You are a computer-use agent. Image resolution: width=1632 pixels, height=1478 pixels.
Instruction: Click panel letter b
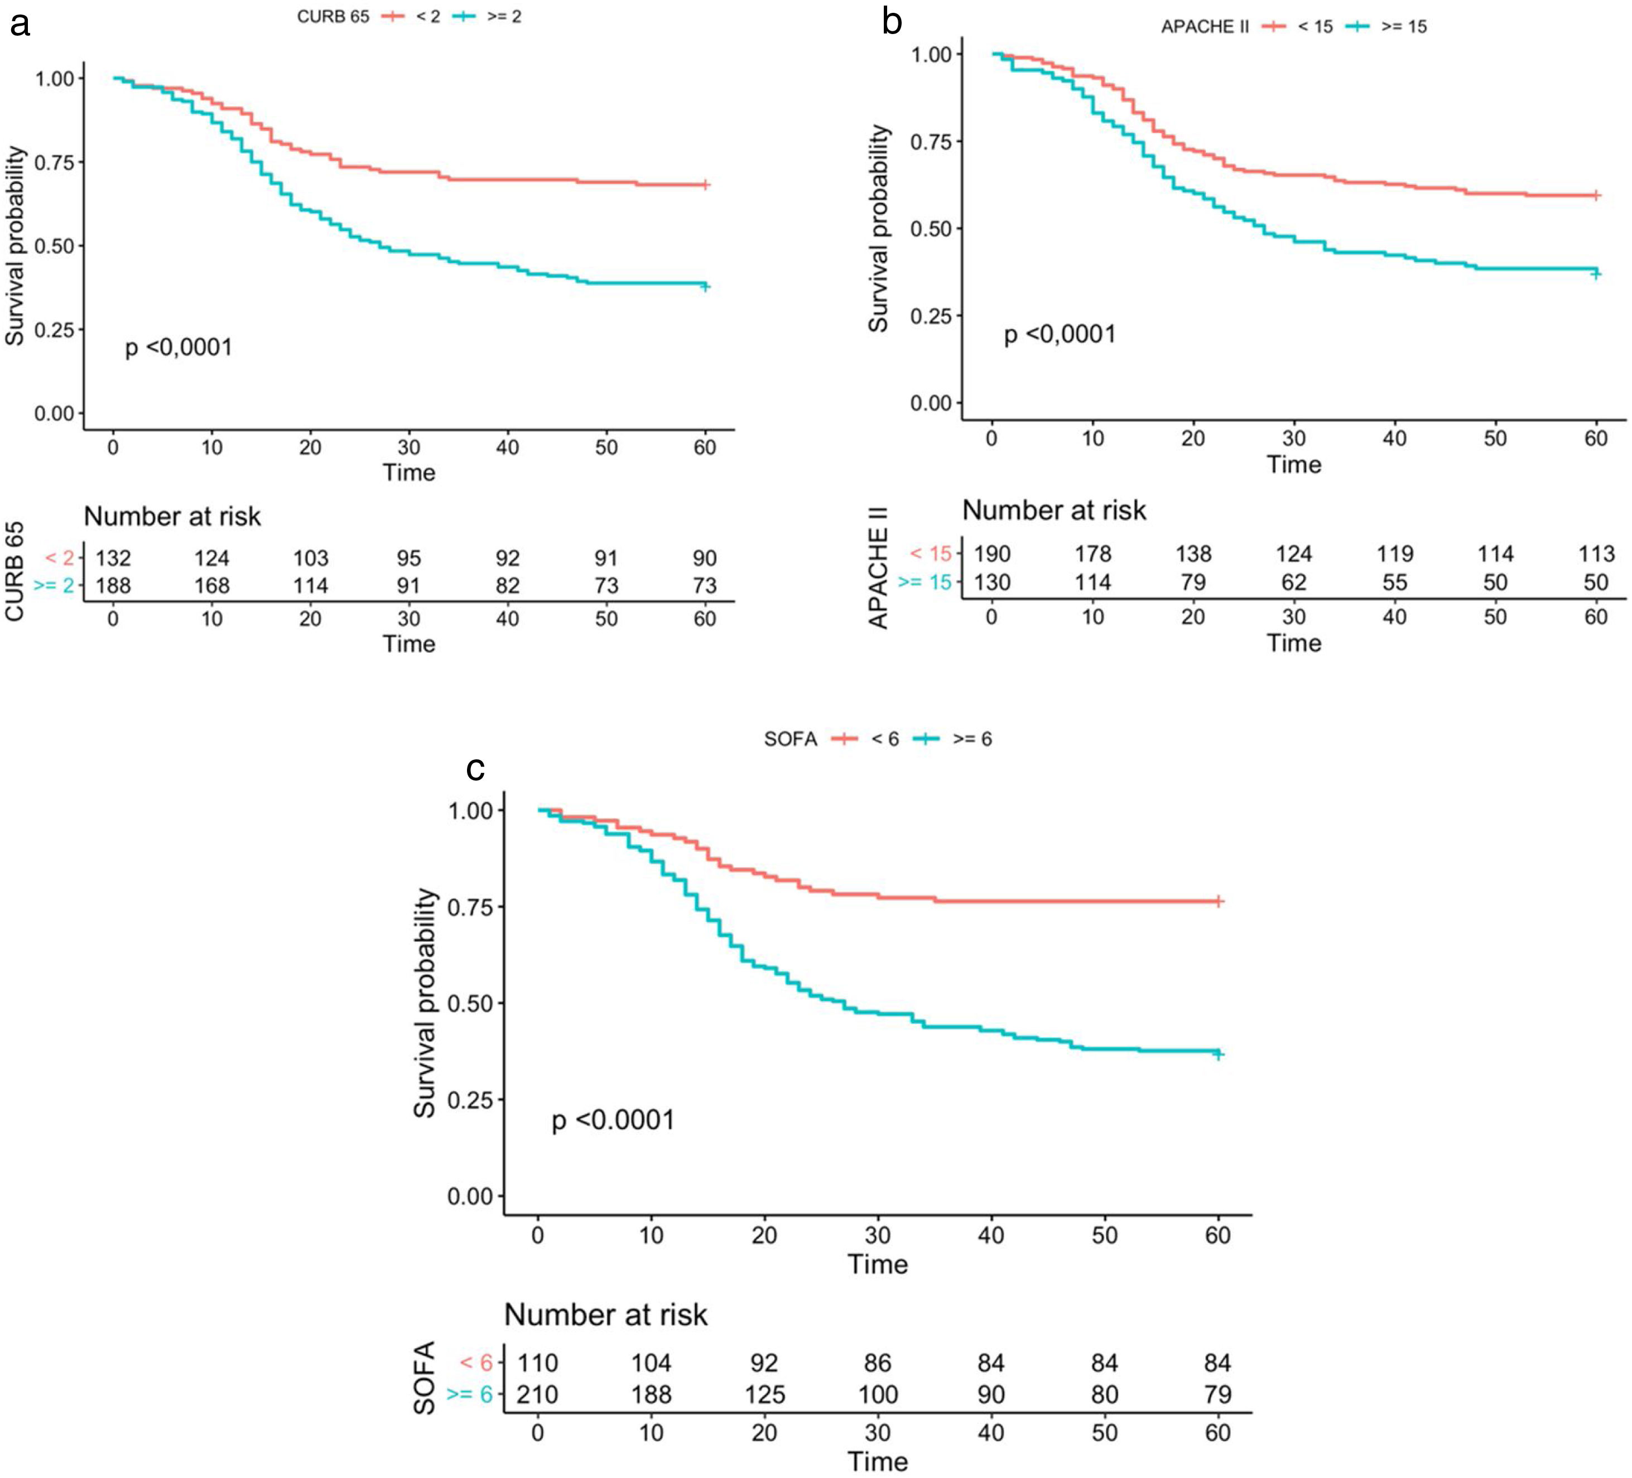pyautogui.click(x=891, y=22)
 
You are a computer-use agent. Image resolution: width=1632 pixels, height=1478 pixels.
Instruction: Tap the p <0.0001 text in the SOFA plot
pyautogui.click(x=613, y=1120)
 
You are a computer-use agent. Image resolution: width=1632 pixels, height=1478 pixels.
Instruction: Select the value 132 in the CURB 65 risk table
pyautogui.click(x=113, y=559)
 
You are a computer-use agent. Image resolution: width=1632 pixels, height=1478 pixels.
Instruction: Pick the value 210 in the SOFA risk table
pyautogui.click(x=537, y=1395)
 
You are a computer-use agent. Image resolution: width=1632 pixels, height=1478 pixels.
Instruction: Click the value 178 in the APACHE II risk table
pyautogui.click(x=1093, y=555)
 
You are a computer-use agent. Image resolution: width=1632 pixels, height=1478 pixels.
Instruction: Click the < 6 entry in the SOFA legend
pyautogui.click(x=885, y=739)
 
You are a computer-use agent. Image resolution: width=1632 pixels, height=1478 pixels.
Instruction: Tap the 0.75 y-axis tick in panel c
pyautogui.click(x=470, y=907)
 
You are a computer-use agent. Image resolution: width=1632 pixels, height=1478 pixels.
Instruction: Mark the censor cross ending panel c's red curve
pyautogui.click(x=1219, y=901)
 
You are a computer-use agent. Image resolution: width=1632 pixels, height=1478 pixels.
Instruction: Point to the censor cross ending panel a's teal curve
pyautogui.click(x=705, y=287)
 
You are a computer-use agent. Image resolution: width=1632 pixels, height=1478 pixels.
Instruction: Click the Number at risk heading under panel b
pyautogui.click(x=1053, y=511)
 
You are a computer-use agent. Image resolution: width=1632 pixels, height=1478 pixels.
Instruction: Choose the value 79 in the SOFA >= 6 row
pyautogui.click(x=1217, y=1395)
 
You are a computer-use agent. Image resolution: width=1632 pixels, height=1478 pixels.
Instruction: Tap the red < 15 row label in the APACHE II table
pyautogui.click(x=930, y=555)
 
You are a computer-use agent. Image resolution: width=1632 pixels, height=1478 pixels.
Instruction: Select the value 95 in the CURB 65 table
pyautogui.click(x=409, y=559)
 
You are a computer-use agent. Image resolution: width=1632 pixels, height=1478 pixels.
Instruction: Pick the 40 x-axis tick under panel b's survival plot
pyautogui.click(x=1394, y=439)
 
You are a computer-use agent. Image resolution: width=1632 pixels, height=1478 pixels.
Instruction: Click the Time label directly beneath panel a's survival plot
pyautogui.click(x=409, y=473)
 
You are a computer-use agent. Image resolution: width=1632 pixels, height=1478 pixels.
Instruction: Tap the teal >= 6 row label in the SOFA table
pyautogui.click(x=470, y=1395)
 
